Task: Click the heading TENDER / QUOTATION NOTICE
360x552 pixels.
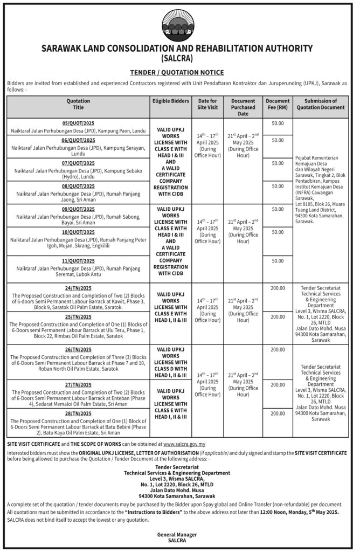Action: coord(177,72)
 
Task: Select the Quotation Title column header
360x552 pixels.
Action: coord(79,104)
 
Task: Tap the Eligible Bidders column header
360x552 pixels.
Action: coord(171,101)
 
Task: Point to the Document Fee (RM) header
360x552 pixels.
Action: coord(278,104)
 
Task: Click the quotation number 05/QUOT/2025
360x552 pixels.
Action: coord(79,123)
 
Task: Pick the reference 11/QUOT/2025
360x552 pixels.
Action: coord(79,261)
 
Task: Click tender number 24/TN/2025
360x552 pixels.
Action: coord(79,288)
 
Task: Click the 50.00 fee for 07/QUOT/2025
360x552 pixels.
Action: coord(278,163)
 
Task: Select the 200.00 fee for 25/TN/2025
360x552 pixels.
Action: coord(278,316)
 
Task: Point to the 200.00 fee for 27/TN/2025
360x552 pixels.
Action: coord(278,384)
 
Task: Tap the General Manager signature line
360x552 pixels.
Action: coord(177,534)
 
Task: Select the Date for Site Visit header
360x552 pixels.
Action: coord(207,104)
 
